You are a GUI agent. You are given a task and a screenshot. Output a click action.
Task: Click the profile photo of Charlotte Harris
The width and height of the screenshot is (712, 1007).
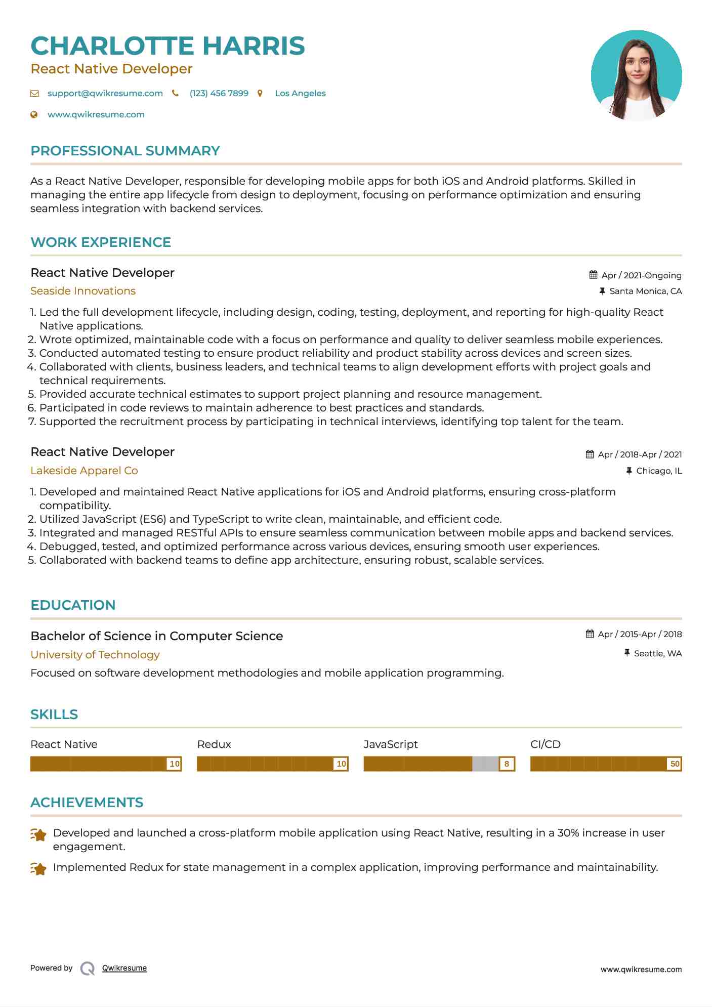point(636,75)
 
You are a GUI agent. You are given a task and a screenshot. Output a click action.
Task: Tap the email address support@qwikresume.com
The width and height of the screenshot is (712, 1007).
point(105,93)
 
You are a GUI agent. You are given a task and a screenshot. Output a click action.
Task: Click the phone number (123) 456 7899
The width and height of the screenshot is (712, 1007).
point(219,93)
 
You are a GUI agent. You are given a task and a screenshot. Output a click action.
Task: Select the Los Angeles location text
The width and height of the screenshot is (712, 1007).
point(300,93)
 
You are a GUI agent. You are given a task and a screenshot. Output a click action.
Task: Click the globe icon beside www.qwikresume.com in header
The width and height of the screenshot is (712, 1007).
point(34,115)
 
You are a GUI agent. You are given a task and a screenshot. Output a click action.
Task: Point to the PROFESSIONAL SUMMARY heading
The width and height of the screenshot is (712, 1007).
point(125,151)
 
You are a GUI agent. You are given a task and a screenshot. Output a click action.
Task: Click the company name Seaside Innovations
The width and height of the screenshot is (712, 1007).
point(83,291)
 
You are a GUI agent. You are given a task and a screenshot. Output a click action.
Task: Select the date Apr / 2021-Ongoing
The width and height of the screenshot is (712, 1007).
point(641,275)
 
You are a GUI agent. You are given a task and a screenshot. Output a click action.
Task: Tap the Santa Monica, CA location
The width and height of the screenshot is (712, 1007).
point(645,291)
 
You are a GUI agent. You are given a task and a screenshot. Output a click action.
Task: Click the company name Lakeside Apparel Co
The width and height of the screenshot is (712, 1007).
point(84,471)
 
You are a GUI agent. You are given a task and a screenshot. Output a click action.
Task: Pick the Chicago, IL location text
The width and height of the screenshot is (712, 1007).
point(659,471)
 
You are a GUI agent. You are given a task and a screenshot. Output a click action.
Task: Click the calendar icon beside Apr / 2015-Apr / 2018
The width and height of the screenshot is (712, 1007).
point(590,634)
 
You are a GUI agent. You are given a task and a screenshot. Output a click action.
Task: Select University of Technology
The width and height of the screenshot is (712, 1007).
point(95,655)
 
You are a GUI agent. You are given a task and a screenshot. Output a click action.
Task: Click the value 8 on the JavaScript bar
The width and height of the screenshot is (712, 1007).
point(507,764)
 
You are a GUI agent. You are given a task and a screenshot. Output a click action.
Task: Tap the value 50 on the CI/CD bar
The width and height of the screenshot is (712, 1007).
point(675,764)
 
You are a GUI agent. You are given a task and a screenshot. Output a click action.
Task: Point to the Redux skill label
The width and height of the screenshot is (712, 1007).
point(214,744)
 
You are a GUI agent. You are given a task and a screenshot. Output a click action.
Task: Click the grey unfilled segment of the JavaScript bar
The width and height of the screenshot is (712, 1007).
point(485,764)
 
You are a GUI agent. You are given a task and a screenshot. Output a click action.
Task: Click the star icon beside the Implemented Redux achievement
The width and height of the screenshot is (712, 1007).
point(38,869)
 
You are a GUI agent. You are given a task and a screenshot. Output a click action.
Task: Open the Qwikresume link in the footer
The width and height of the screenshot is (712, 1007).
point(124,968)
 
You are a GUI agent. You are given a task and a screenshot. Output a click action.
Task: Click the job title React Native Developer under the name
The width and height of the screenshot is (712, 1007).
point(111,69)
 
